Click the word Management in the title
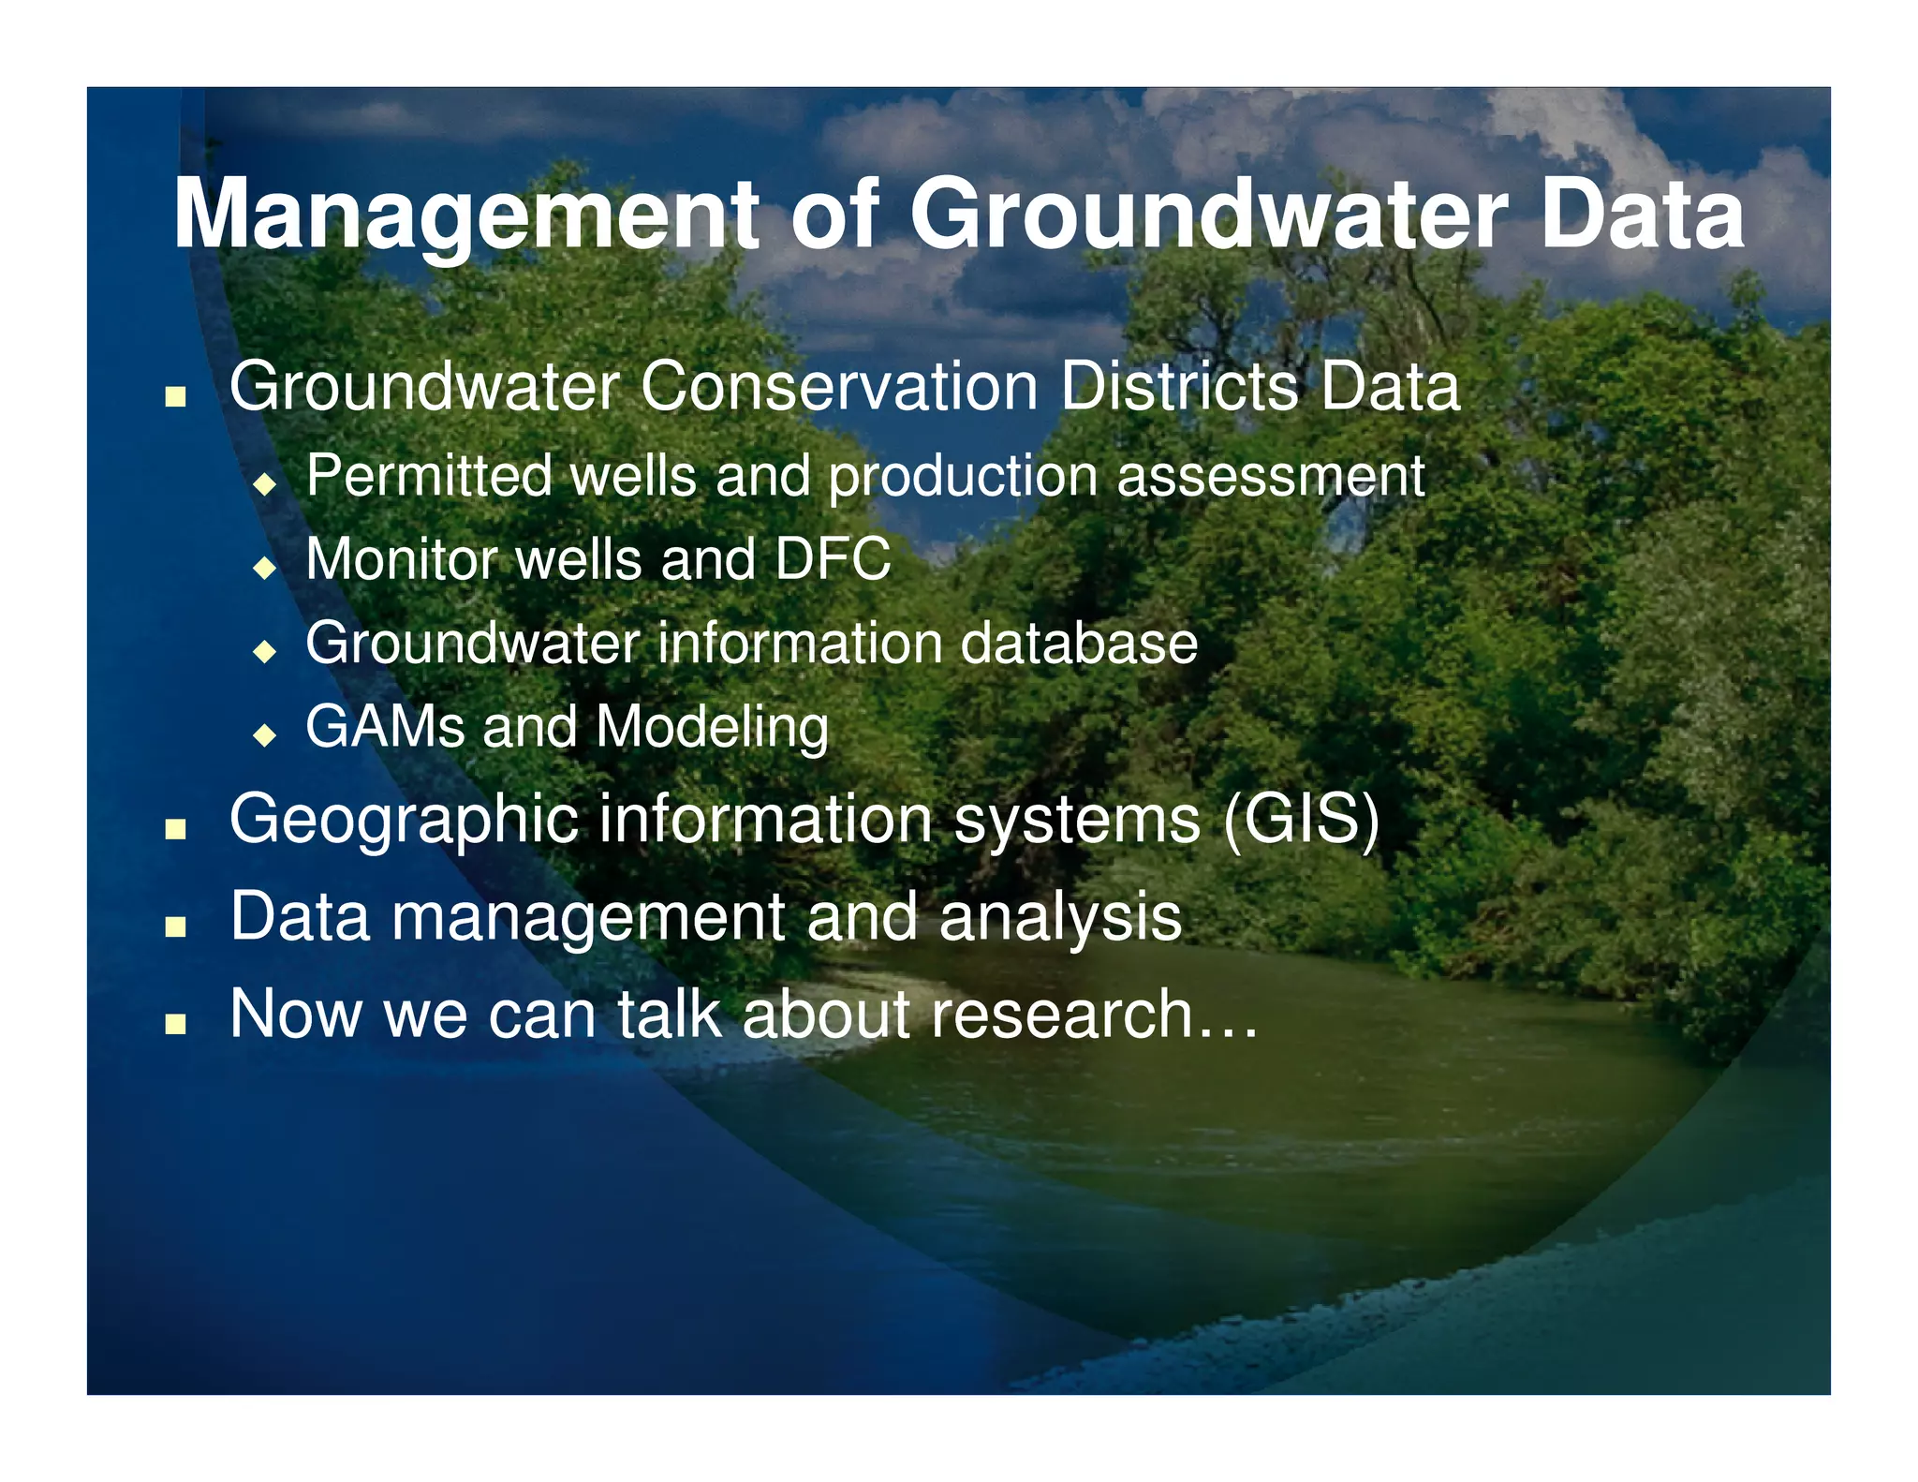pyautogui.click(x=466, y=217)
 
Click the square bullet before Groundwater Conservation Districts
pyautogui.click(x=175, y=397)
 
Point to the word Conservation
pyautogui.click(x=838, y=387)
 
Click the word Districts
pyautogui.click(x=1179, y=387)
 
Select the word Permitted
pyautogui.click(x=428, y=476)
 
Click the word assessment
pyautogui.click(x=1270, y=476)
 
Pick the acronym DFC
pyautogui.click(x=832, y=560)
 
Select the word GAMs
pyautogui.click(x=385, y=727)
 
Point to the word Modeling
pyautogui.click(x=712, y=729)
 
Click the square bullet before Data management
pyautogui.click(x=175, y=926)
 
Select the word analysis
pyautogui.click(x=1060, y=918)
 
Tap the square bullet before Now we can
pyautogui.click(x=175, y=1023)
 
